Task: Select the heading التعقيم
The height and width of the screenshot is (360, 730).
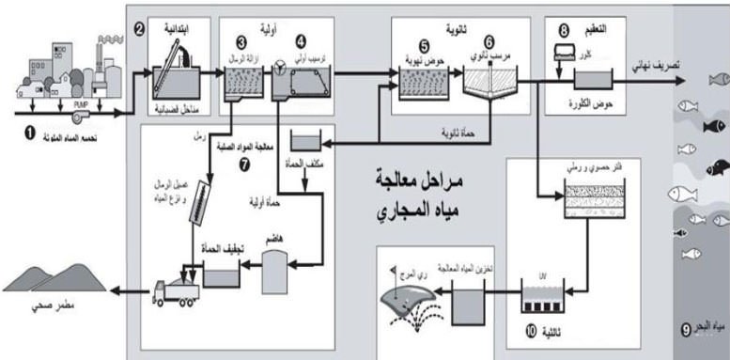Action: [x=602, y=29]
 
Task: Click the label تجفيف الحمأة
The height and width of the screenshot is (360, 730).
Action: [x=213, y=249]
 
